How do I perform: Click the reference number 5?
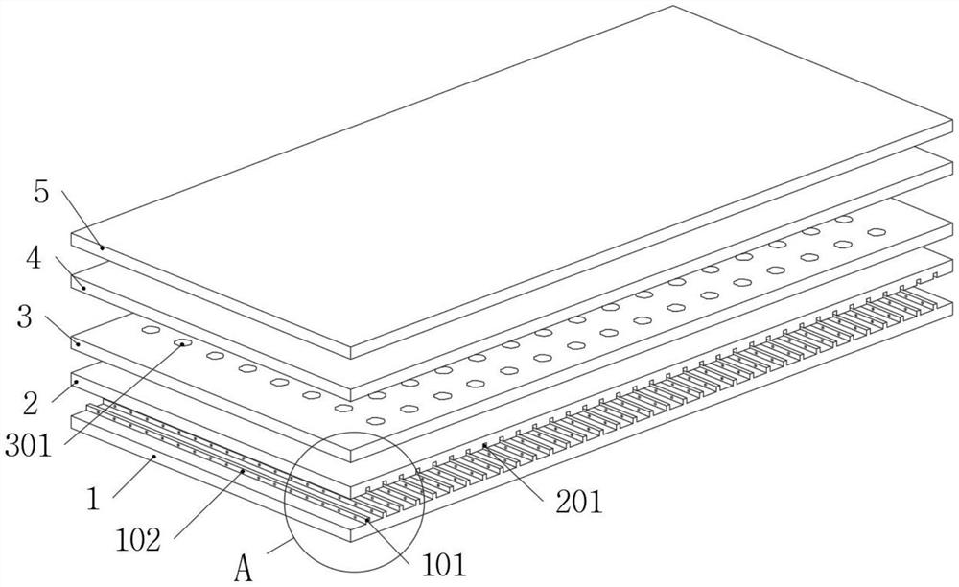coord(41,192)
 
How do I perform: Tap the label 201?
coord(577,500)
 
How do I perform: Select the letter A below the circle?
coord(243,570)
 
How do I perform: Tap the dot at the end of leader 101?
coord(366,519)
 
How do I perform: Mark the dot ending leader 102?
coord(244,472)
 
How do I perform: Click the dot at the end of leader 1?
coord(154,457)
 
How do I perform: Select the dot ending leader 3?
coord(78,343)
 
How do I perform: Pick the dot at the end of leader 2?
coord(77,382)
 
